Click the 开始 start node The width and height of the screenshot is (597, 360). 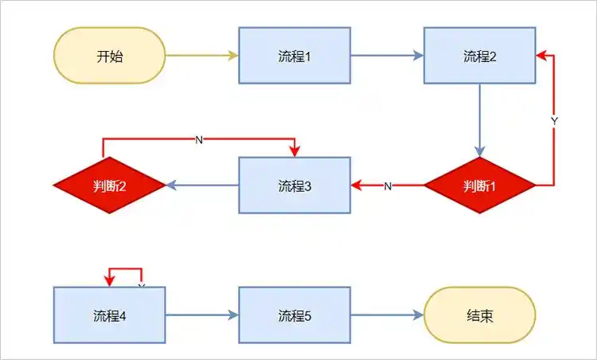click(109, 56)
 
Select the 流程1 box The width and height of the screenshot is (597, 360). click(295, 56)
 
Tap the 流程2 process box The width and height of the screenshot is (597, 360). click(479, 56)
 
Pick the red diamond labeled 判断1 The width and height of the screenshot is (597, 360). click(479, 186)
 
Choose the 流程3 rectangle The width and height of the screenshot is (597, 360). click(295, 186)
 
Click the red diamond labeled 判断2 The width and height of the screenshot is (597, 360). click(109, 186)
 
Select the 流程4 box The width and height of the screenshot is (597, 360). click(109, 315)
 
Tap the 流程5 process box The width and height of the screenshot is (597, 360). click(295, 315)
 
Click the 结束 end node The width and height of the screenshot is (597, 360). click(479, 315)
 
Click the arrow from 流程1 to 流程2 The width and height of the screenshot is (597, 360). click(387, 56)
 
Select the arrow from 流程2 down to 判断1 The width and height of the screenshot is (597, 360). click(479, 119)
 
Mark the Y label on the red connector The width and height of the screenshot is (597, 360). click(554, 120)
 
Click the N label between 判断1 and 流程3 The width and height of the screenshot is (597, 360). click(388, 186)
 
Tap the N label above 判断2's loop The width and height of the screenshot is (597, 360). click(199, 140)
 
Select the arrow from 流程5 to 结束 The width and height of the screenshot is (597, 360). click(387, 315)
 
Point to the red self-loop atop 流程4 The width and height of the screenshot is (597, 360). click(125, 269)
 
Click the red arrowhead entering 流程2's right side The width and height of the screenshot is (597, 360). click(540, 56)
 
